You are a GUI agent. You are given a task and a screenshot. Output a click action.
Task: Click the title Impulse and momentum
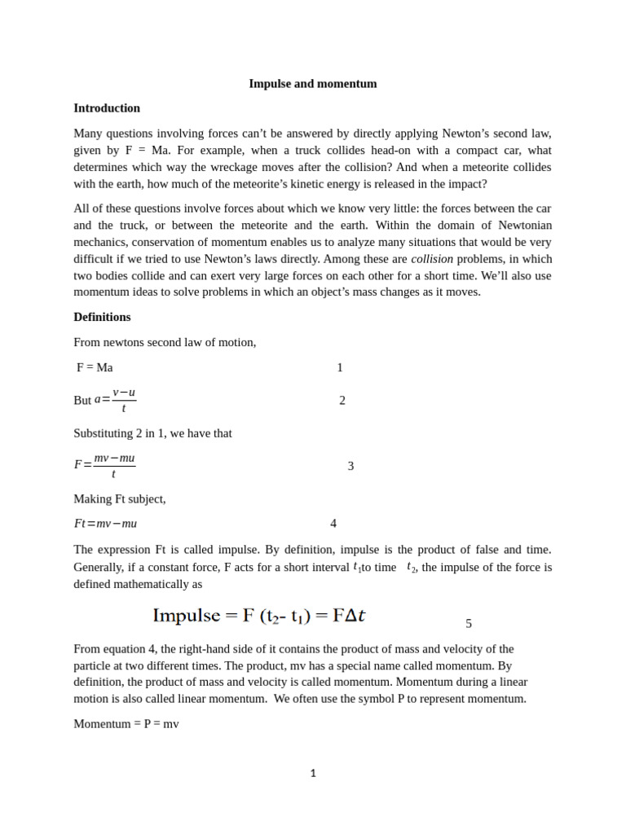312,84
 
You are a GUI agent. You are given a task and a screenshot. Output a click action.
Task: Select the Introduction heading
107,108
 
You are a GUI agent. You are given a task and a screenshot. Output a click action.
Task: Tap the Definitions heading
102,317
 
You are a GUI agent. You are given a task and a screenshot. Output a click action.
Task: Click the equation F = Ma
95,367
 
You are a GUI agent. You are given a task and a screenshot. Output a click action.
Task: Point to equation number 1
340,367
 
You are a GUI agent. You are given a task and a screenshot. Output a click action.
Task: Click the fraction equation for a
115,400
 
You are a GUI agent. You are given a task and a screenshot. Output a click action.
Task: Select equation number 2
342,401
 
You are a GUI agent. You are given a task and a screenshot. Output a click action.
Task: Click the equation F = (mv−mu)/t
105,465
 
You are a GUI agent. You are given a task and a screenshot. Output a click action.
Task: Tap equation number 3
350,466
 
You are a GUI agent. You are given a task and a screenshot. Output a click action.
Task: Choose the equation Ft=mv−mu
106,524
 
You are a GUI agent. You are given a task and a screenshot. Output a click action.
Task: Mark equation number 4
333,524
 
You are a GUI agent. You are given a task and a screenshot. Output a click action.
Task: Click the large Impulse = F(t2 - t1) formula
259,616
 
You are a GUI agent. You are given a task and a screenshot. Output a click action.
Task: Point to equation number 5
469,624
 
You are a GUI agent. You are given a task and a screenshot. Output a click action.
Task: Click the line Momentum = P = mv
126,723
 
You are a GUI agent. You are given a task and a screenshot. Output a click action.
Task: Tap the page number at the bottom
313,774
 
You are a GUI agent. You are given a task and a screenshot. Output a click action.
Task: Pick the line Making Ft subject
120,498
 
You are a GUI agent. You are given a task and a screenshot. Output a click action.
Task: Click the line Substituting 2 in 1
152,433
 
